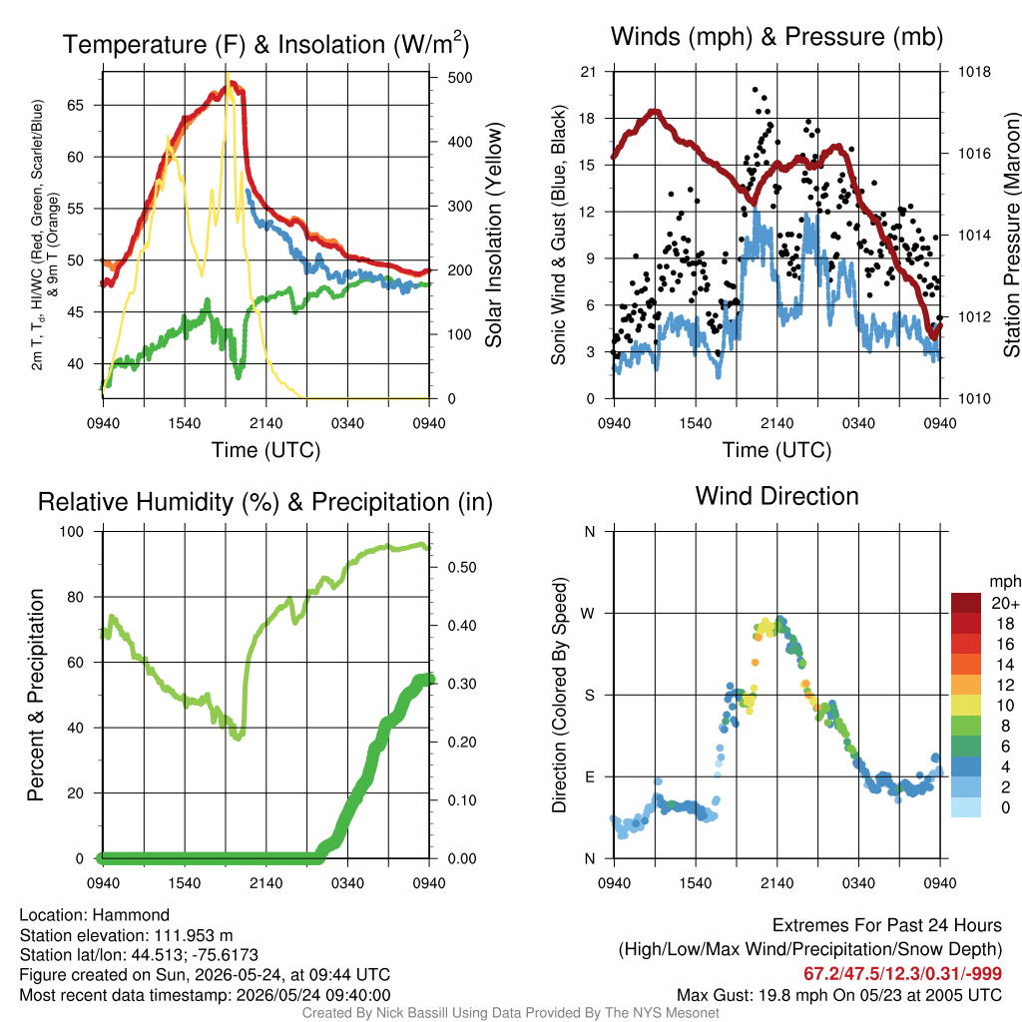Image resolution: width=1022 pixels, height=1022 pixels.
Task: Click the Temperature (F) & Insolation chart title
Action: point(265,44)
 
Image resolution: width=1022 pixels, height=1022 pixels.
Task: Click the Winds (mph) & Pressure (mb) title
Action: point(776,37)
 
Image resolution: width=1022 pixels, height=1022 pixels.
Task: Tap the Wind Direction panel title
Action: point(776,496)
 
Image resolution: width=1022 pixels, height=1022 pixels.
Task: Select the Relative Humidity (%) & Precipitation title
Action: point(265,503)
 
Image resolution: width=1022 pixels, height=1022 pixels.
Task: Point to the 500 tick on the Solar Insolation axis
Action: point(460,78)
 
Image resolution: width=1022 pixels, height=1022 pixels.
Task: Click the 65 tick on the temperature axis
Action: point(76,105)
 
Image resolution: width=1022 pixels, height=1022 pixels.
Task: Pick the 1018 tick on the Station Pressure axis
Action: point(974,72)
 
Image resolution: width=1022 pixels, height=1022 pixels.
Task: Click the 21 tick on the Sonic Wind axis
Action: point(588,72)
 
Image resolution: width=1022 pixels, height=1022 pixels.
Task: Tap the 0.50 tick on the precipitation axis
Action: point(462,567)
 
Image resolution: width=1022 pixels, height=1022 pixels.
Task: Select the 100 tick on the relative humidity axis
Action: point(72,531)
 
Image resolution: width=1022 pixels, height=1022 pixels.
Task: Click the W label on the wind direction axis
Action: point(588,614)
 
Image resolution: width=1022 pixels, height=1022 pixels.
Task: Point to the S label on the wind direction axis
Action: point(590,695)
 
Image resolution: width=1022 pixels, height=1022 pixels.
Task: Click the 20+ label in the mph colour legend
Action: point(1005,603)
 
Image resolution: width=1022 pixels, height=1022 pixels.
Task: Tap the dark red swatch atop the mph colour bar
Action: point(966,604)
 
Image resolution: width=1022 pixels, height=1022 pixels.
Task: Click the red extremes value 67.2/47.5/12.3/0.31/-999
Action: point(902,973)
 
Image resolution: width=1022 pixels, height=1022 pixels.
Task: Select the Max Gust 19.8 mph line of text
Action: point(839,995)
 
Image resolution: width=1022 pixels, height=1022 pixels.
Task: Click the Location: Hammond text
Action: point(95,915)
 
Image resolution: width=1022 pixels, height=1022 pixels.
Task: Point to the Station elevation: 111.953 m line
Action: point(127,935)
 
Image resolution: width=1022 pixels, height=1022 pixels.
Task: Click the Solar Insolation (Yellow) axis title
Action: point(494,235)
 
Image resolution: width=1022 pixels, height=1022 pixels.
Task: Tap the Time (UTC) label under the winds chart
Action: point(776,450)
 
